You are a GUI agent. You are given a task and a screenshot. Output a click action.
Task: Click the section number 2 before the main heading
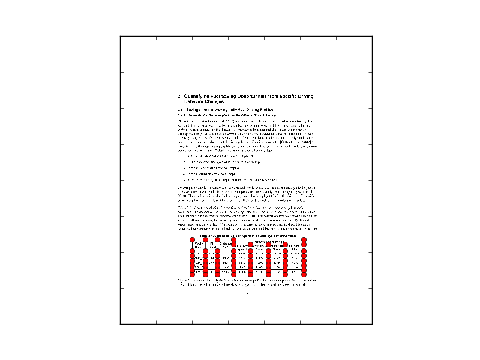pyautogui.click(x=179, y=97)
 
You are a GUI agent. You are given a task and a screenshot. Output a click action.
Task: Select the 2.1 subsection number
pyautogui.click(x=179, y=110)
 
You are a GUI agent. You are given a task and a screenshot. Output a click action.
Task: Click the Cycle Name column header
pyautogui.click(x=199, y=245)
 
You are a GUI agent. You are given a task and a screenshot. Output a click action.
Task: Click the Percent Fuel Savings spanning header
pyautogui.click(x=269, y=241)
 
